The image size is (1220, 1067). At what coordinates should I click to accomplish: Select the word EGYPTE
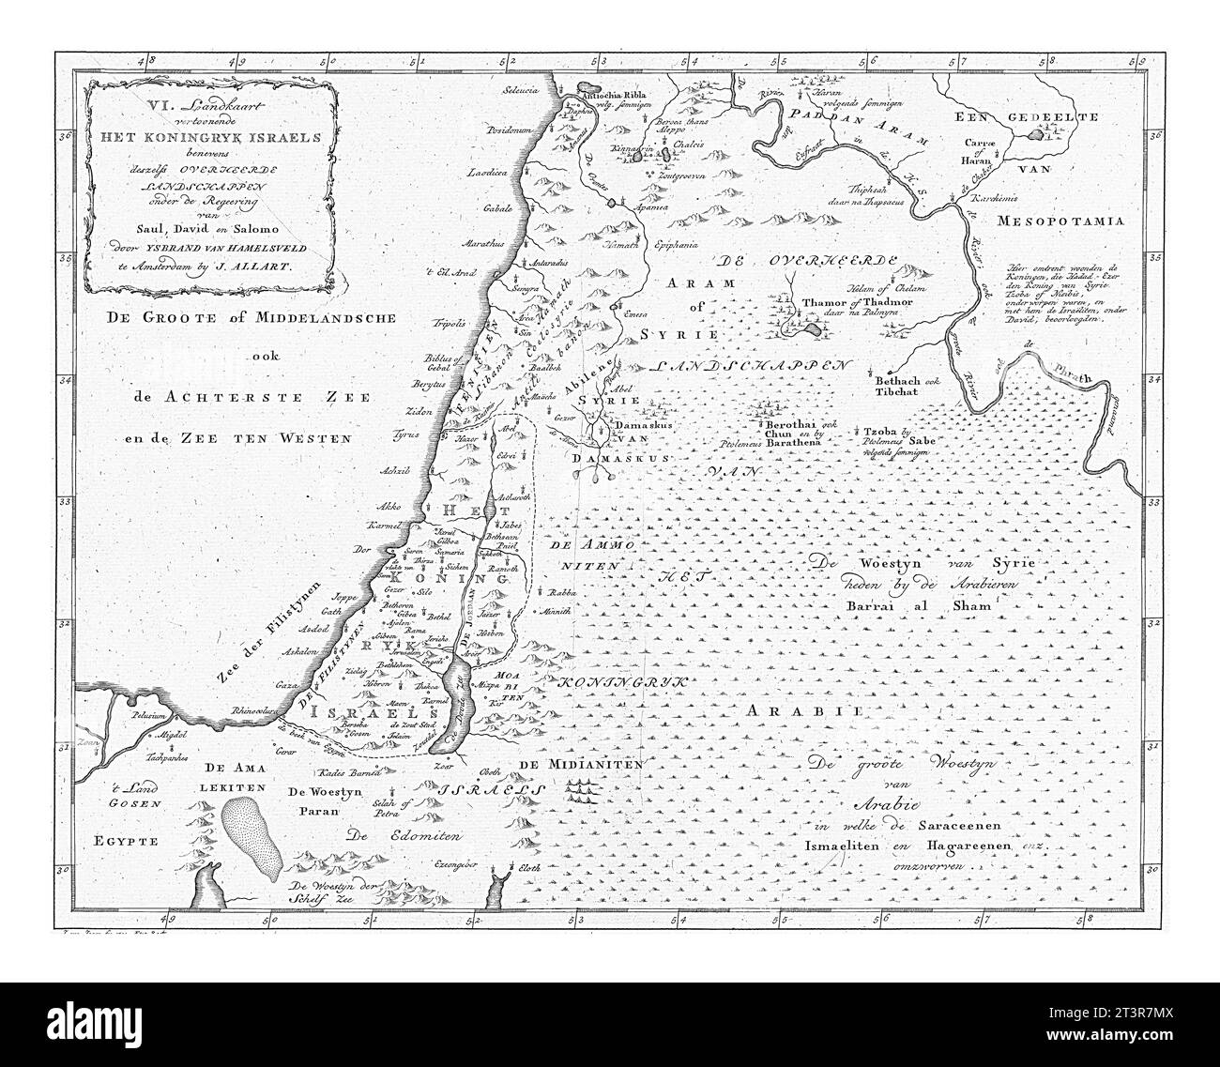point(121,841)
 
